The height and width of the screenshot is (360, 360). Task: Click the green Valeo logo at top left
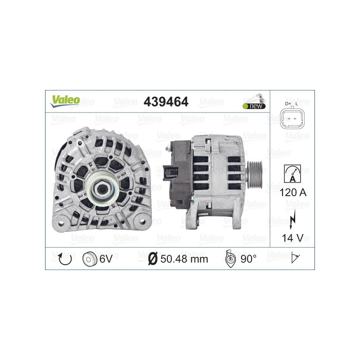65,101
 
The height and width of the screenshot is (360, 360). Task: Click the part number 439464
166,102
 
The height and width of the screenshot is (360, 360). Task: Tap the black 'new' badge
254,106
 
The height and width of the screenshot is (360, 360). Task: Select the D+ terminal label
288,104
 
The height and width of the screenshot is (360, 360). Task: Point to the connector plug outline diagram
292,119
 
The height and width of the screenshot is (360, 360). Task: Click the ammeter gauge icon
292,174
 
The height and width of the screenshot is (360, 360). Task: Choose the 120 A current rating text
293,193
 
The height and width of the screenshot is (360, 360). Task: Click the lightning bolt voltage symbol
292,219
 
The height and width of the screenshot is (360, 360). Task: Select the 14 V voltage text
293,238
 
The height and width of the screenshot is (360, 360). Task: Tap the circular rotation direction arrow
65,259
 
